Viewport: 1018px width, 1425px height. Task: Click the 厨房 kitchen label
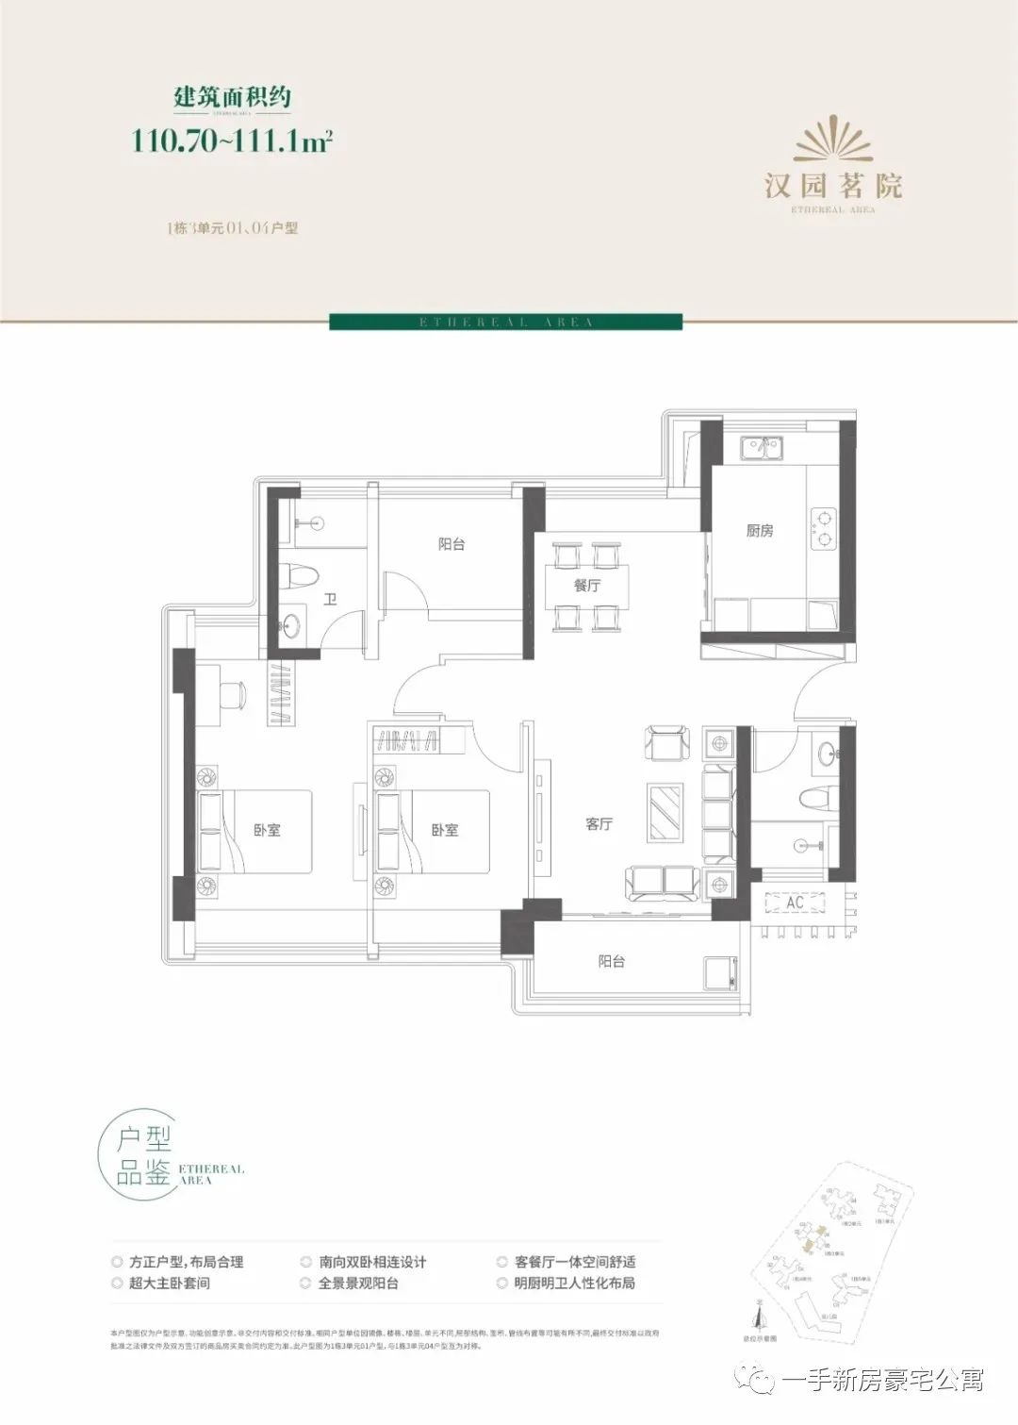760,531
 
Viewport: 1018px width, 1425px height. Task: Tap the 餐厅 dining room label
587,586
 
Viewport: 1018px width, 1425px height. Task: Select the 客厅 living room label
599,824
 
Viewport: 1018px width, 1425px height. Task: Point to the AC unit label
795,903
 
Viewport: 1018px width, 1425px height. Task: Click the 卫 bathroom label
330,599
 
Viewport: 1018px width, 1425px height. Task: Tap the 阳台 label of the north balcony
452,544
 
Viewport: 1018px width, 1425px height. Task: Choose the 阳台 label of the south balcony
612,961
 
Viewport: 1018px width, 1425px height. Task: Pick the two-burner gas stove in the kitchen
824,528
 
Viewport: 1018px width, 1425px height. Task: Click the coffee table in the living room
667,811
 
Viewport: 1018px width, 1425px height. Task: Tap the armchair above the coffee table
667,742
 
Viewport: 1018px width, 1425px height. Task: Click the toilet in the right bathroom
817,799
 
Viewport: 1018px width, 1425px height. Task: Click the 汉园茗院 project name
833,186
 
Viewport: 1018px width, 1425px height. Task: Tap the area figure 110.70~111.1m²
232,141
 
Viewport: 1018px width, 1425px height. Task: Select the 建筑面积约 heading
232,96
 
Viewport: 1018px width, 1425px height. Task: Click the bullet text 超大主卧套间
170,1284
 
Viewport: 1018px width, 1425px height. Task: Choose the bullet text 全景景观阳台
358,1284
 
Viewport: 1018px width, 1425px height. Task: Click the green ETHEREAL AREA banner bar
505,323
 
